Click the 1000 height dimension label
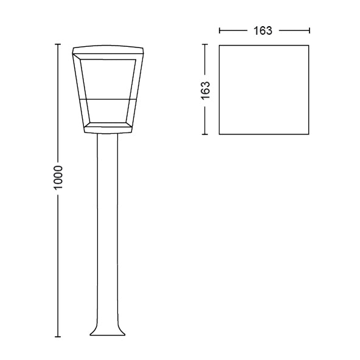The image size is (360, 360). coord(58,177)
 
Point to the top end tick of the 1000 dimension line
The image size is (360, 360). coord(58,44)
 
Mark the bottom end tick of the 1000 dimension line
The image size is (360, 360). coord(58,336)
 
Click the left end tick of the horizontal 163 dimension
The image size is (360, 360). coord(219,30)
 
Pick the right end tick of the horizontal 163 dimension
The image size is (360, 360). coord(310,30)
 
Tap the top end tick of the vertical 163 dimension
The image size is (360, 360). coord(206,44)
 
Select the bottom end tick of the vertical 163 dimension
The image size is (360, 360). coord(206,134)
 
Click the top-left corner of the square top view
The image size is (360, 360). coord(219,44)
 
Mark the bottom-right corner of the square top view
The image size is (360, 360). coord(310,134)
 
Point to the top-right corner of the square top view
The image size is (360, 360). coord(310,44)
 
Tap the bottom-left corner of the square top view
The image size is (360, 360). coord(219,134)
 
